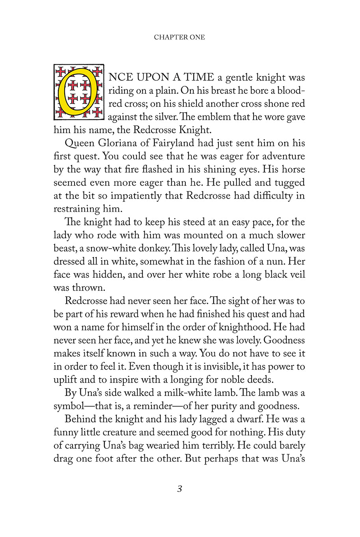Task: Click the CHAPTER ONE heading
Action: click(179, 37)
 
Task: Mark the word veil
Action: click(296, 275)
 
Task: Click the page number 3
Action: click(179, 489)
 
